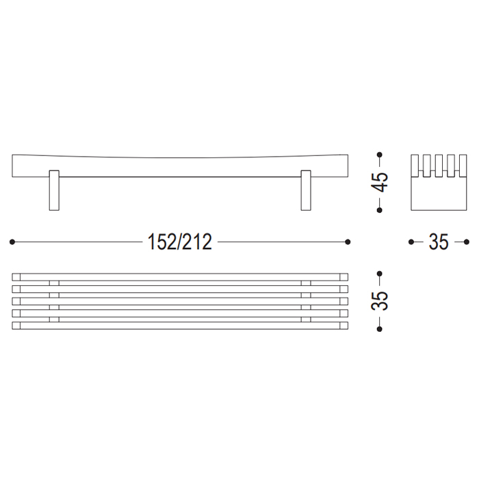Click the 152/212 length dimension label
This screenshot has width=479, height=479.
click(x=179, y=242)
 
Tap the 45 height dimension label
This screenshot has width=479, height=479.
click(x=380, y=183)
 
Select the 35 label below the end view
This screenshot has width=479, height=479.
click(x=439, y=242)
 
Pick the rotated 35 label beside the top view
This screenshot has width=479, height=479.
click(x=380, y=301)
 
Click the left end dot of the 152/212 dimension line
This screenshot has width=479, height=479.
click(x=12, y=242)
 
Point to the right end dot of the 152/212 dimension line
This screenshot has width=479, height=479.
click(x=348, y=242)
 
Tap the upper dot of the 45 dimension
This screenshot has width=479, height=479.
click(x=380, y=155)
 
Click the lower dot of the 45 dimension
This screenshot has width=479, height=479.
click(x=380, y=210)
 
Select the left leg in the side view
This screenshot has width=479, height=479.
click(x=54, y=190)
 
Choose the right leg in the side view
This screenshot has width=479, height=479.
click(x=306, y=190)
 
